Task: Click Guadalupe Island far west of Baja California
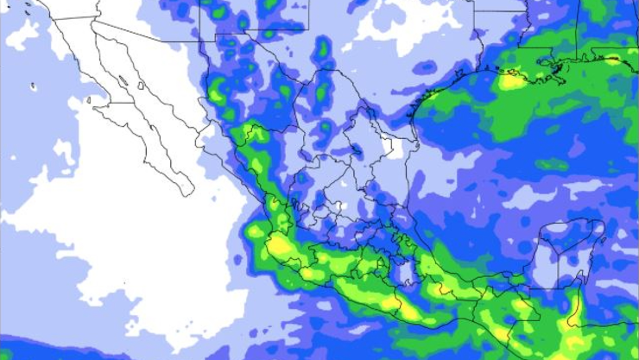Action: coord(34,86)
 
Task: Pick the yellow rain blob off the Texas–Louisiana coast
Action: coord(514,82)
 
